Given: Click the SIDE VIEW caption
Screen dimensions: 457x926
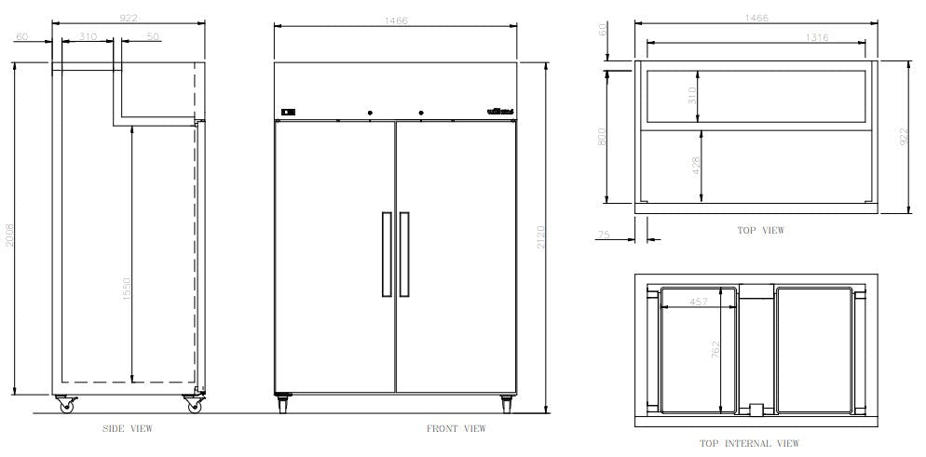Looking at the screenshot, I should point(128,429).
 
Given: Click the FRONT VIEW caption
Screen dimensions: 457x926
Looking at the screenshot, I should point(456,429).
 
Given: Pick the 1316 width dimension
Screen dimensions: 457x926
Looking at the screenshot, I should point(812,37).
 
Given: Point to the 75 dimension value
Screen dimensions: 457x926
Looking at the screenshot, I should point(606,235).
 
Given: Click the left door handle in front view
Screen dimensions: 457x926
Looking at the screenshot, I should point(386,254).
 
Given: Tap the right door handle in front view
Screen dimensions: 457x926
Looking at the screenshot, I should point(404,254).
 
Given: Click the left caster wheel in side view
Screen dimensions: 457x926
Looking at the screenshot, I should point(66,405).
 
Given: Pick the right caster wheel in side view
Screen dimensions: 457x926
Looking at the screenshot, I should point(193,405).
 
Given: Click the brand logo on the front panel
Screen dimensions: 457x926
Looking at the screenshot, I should point(499,114).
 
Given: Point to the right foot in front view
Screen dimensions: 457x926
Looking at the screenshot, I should point(506,403).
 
